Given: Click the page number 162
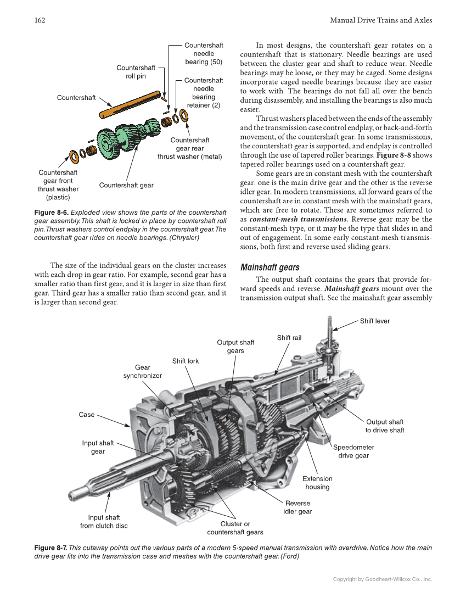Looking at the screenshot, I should [x=39, y=20].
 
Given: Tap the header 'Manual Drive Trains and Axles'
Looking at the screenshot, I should [x=381, y=20].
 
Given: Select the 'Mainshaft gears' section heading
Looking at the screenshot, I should [x=270, y=267].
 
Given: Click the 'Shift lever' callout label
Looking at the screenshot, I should [x=375, y=321].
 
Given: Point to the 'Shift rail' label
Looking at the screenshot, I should [x=289, y=338].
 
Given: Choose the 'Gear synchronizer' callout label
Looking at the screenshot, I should [x=142, y=371].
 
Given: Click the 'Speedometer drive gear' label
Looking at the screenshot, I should [x=353, y=451].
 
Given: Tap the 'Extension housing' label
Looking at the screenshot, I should [x=317, y=483].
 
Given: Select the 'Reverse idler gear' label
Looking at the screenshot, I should [x=297, y=507].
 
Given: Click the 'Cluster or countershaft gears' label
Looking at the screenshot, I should [x=235, y=528].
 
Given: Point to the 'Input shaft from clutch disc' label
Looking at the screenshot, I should [x=104, y=521].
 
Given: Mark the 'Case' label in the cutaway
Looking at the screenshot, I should [x=87, y=415].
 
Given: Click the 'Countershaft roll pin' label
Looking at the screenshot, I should [x=136, y=72].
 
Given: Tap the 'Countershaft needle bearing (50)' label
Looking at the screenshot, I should [x=204, y=54].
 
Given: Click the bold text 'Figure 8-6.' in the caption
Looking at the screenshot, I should [x=50, y=212].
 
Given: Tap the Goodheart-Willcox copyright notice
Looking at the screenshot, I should [x=383, y=579].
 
